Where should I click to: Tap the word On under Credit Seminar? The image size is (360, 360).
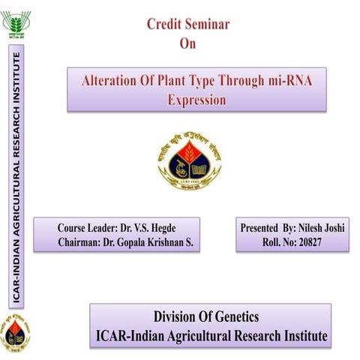tap(187, 43)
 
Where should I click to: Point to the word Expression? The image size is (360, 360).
tap(196, 98)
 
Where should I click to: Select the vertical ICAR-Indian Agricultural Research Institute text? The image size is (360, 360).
tap(16, 176)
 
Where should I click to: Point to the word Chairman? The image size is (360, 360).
tap(84, 243)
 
